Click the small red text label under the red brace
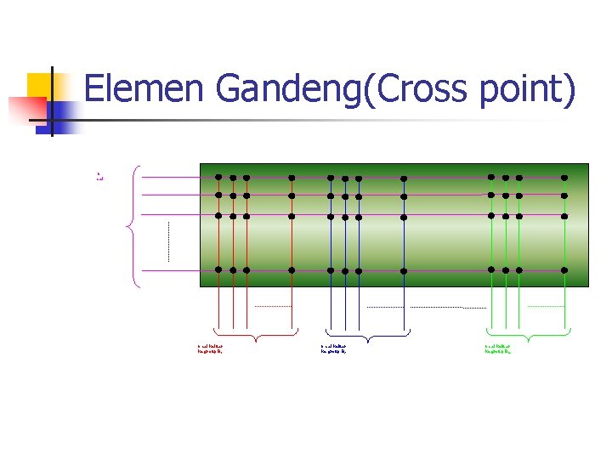click(211, 348)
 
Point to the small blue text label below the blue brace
click(335, 348)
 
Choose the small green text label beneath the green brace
click(498, 348)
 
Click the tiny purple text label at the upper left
click(99, 177)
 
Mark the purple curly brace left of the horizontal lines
click(131, 227)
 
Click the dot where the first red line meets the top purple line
click(218, 178)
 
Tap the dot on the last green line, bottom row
click(564, 270)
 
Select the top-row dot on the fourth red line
click(292, 178)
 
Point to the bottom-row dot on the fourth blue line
click(404, 271)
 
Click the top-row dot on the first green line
click(490, 178)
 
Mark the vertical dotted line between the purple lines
click(169, 241)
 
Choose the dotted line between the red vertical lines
click(272, 306)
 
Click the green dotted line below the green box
click(545, 306)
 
